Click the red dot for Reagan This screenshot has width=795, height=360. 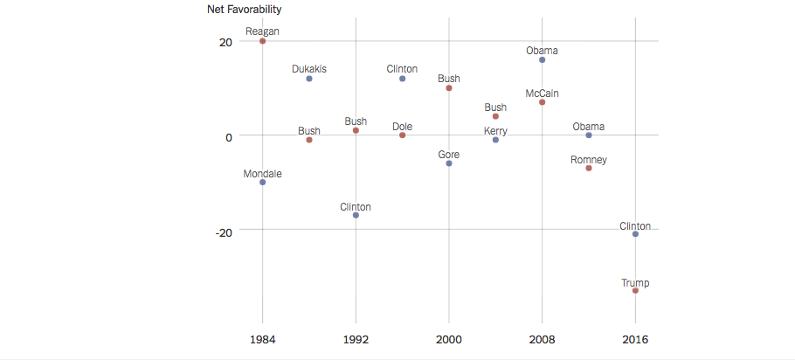262,41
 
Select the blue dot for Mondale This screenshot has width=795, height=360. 262,182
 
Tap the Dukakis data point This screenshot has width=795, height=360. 309,79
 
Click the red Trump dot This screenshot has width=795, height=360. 635,290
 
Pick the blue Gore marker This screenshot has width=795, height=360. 449,163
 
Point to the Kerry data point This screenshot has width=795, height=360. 495,140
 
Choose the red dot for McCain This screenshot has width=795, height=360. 542,102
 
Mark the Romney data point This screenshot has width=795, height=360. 589,168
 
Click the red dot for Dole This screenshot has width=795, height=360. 402,135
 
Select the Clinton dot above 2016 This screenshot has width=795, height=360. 635,234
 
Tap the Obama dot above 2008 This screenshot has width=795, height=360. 542,60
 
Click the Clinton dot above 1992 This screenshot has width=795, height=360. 356,215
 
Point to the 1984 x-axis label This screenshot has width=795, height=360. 262,339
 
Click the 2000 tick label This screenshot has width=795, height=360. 449,339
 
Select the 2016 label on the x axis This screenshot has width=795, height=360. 635,339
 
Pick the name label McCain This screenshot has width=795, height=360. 542,93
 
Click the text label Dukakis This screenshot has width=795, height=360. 309,69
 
